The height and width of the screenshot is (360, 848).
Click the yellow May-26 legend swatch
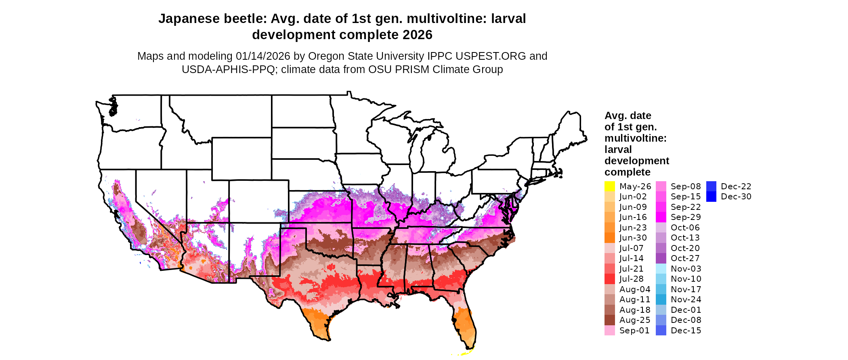click(x=609, y=186)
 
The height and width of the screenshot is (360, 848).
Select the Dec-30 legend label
click(x=736, y=197)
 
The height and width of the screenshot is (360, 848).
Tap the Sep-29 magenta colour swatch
click(x=661, y=217)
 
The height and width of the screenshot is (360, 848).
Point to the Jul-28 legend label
click(x=631, y=279)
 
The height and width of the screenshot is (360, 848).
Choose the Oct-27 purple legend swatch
click(x=661, y=258)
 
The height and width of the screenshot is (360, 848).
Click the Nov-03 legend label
click(x=686, y=269)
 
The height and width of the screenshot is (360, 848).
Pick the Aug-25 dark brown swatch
click(x=609, y=320)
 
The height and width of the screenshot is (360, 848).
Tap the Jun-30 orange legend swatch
click(x=609, y=238)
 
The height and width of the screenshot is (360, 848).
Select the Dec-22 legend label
click(x=736, y=186)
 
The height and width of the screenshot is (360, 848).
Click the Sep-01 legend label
click(x=634, y=331)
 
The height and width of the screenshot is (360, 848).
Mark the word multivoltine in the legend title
click(x=635, y=138)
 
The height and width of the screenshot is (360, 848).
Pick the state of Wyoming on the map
click(x=241, y=159)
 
